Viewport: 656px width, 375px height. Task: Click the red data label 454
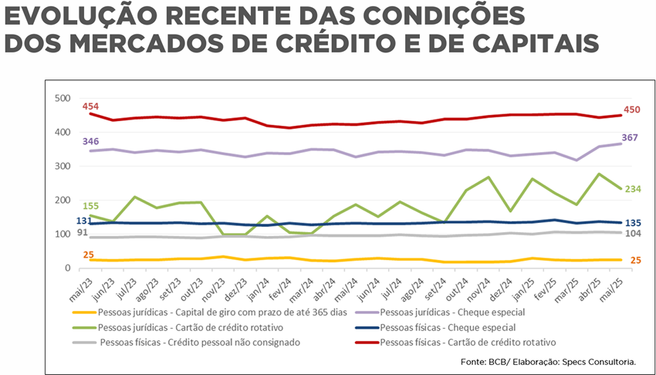[91, 106]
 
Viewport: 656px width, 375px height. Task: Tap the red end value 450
[631, 110]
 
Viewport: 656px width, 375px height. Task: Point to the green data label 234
[631, 188]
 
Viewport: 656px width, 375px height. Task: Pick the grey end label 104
[631, 234]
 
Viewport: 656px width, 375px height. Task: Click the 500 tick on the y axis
[62, 98]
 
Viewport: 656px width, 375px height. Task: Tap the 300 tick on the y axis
[62, 166]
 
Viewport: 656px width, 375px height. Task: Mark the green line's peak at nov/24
[489, 177]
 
